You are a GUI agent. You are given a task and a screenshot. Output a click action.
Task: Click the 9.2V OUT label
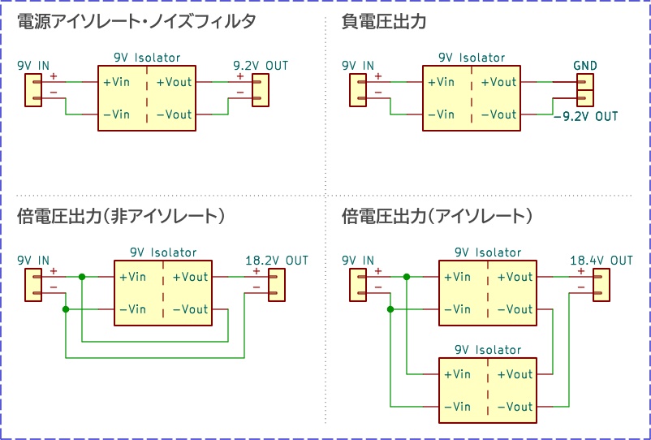(x=260, y=65)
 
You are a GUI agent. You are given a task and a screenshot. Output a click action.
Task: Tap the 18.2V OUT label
(x=277, y=260)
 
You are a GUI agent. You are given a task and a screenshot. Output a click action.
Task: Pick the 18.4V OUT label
(x=601, y=260)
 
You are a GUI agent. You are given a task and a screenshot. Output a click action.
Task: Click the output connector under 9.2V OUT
(x=260, y=90)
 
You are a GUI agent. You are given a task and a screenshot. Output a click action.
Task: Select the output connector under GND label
(x=584, y=90)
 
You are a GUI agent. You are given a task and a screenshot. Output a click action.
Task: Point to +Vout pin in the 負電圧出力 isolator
(x=498, y=82)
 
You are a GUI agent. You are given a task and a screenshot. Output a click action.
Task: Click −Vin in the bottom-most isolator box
(x=457, y=407)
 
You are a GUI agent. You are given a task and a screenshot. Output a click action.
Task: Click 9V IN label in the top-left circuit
(x=33, y=65)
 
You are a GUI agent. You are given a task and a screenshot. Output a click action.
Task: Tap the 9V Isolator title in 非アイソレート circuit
(x=162, y=252)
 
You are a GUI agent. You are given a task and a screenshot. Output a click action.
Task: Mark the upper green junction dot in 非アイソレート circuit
(x=82, y=277)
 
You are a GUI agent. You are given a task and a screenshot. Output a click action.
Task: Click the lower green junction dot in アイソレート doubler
(x=390, y=309)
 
